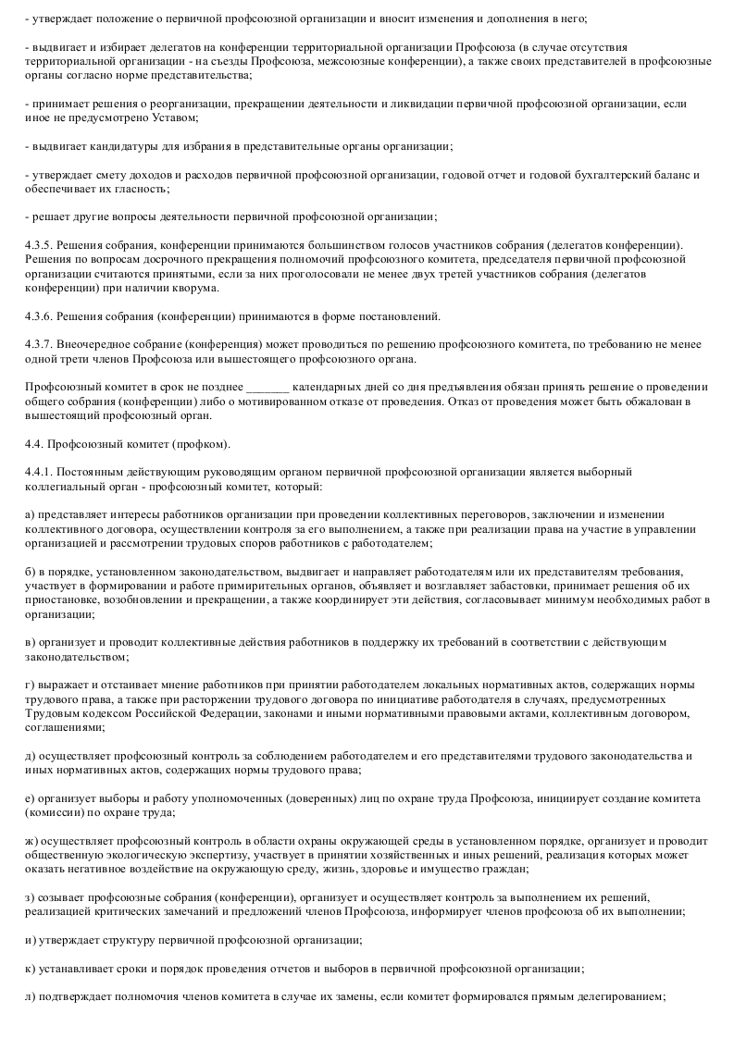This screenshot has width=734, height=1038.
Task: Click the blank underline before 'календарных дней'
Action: (268, 388)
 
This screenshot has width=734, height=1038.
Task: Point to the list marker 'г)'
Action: (30, 685)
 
